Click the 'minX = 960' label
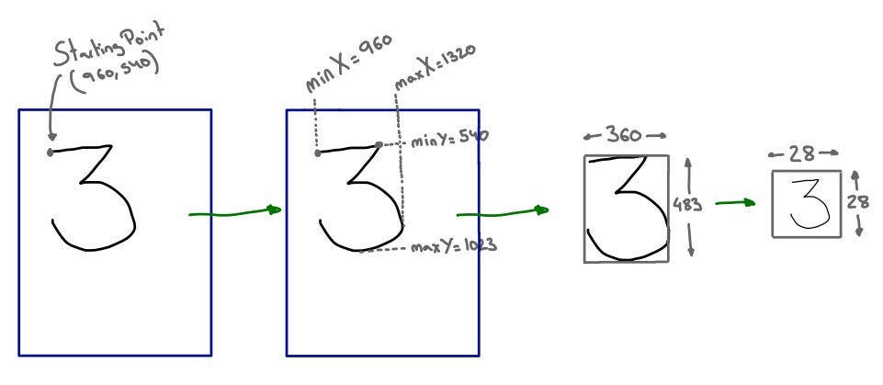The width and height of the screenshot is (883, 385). coord(346,61)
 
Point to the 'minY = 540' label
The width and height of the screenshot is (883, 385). coord(448,139)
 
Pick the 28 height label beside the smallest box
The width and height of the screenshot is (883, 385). coord(857,202)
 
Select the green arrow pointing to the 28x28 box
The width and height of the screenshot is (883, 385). coord(735,202)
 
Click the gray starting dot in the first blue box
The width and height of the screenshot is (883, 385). coord(50,153)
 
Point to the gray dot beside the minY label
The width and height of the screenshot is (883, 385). coord(379,144)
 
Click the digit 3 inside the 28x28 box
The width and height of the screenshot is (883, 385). coord(806,204)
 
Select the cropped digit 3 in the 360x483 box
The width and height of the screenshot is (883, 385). coord(627,209)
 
